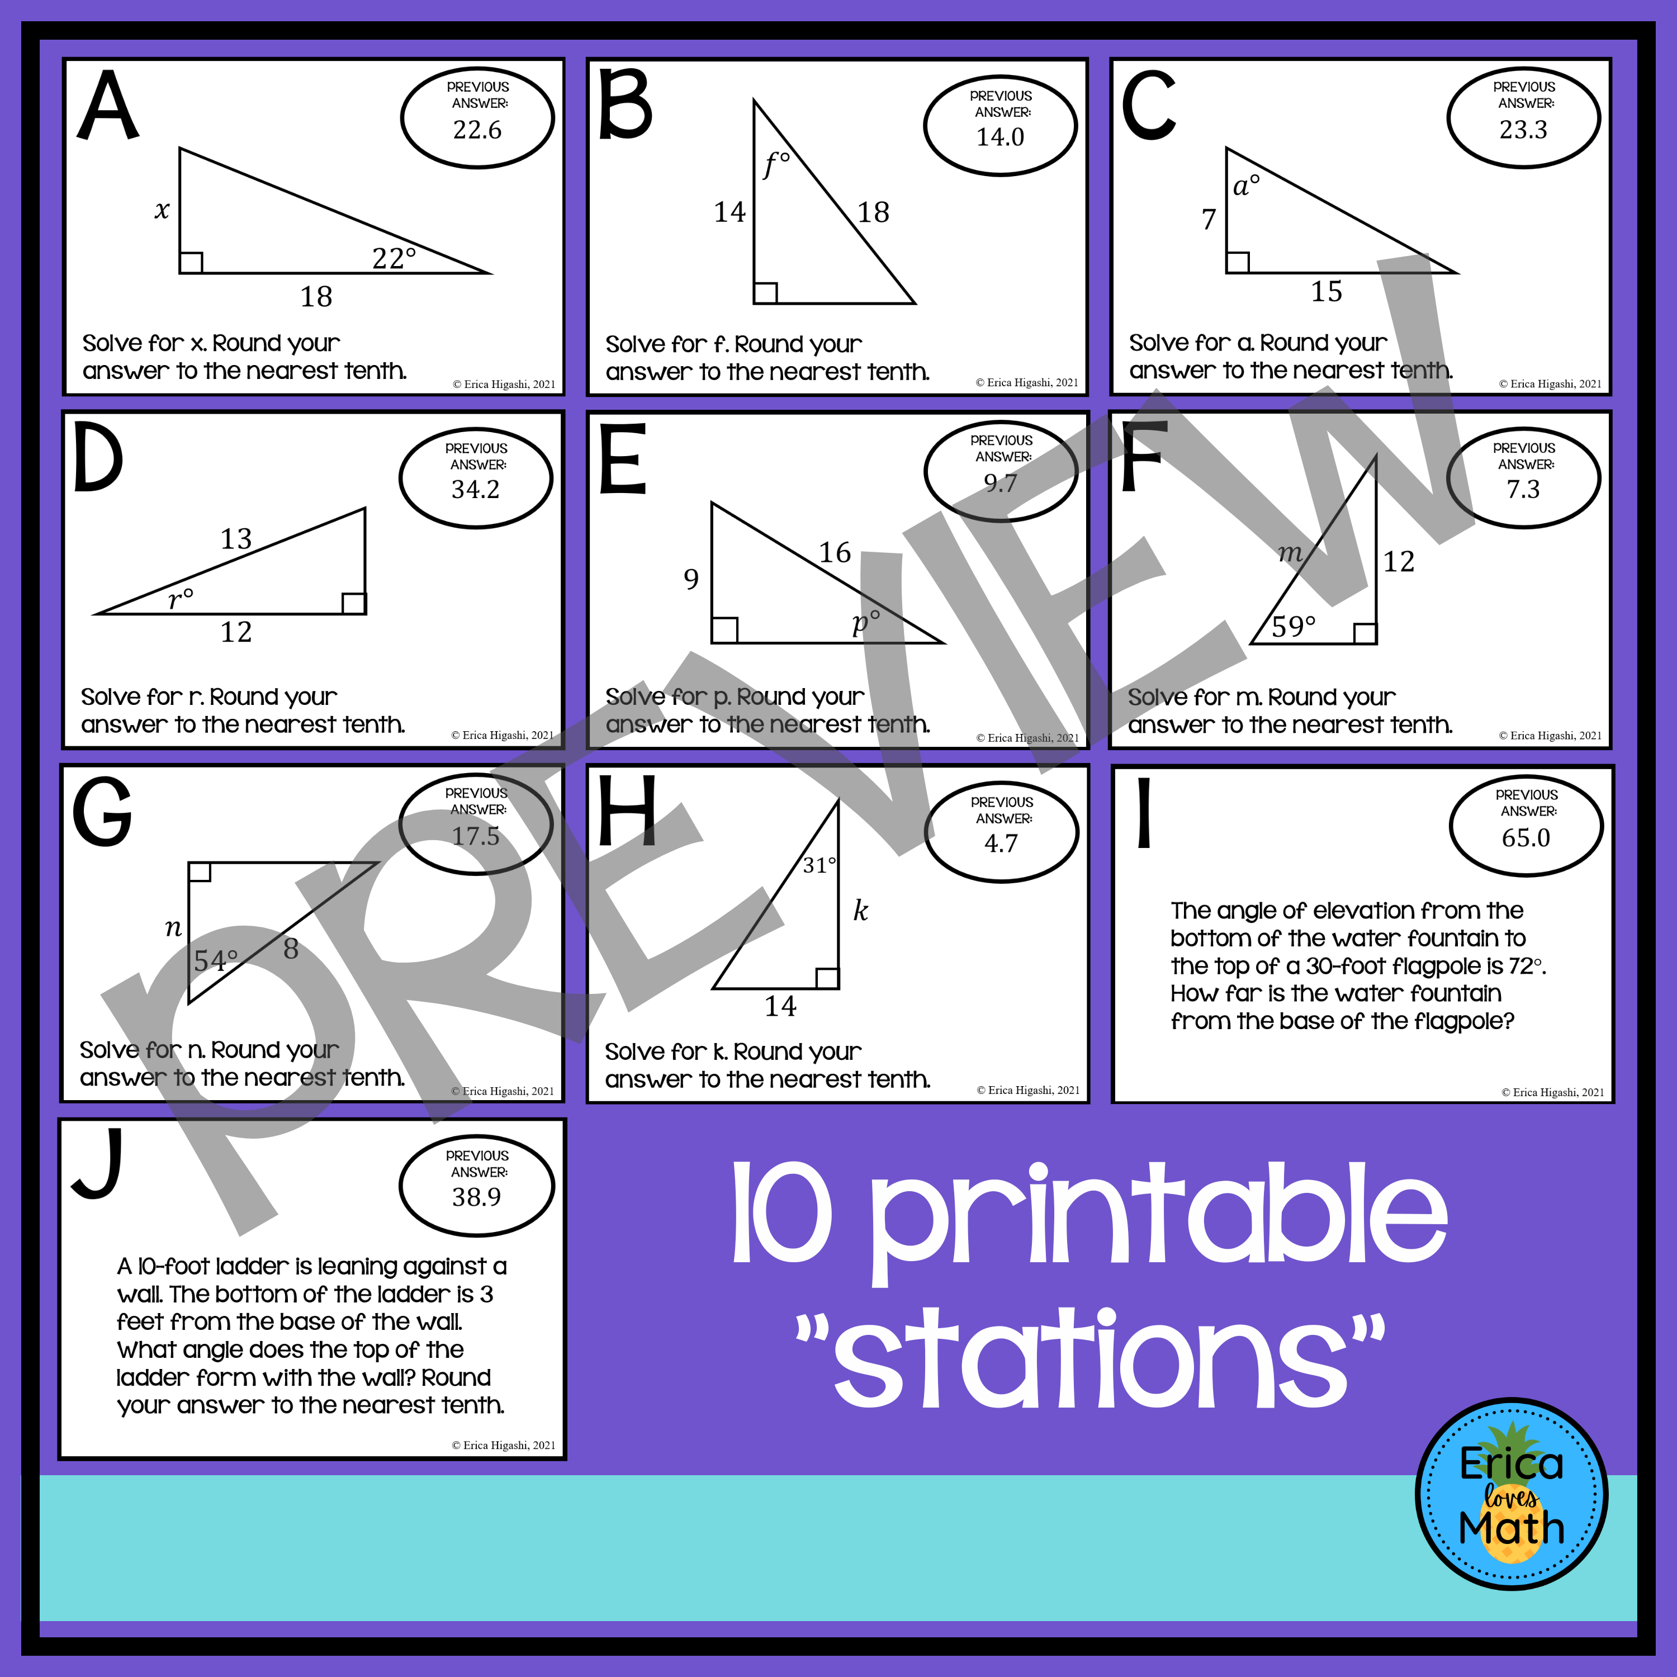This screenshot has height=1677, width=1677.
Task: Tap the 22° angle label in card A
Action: (x=394, y=258)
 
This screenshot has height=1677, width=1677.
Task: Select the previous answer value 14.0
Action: (x=1000, y=137)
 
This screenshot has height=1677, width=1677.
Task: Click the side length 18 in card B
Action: (x=873, y=212)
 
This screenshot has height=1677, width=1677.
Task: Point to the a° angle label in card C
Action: (x=1247, y=185)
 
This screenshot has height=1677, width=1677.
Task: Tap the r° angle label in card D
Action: (x=181, y=599)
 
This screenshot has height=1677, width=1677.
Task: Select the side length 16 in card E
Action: (x=835, y=552)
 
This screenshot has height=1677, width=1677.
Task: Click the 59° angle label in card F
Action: (x=1294, y=626)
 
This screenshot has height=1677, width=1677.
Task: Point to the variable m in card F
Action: (x=1291, y=552)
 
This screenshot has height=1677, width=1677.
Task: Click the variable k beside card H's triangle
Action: (x=860, y=911)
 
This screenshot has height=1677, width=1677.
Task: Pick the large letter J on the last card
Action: (x=98, y=1163)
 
